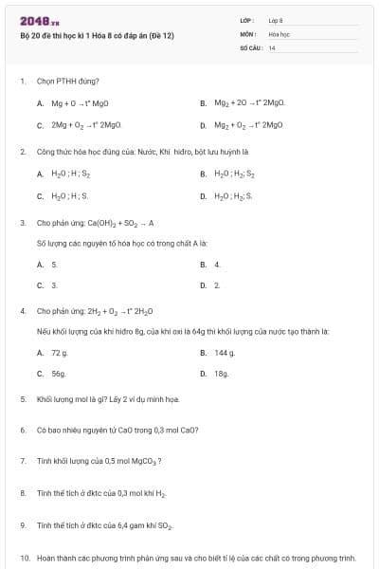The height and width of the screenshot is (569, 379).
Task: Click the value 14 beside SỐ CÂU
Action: tap(272, 47)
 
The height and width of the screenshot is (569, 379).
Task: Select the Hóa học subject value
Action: tap(278, 34)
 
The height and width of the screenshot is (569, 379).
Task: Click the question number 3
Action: tap(22, 223)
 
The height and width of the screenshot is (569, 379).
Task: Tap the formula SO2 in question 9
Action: tap(163, 524)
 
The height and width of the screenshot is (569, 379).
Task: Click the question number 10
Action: tap(25, 559)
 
